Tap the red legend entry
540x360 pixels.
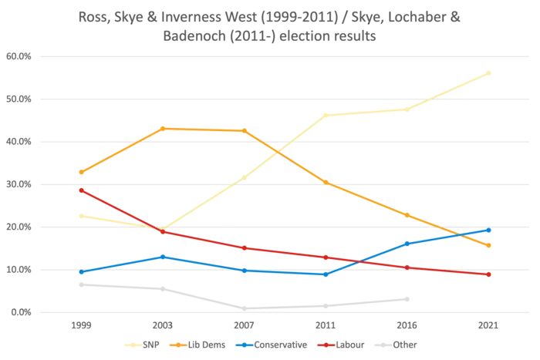pyautogui.click(x=339, y=345)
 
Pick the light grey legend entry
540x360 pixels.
pyautogui.click(x=398, y=345)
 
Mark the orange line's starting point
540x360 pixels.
pyautogui.click(x=80, y=172)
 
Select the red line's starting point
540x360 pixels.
pyautogui.click(x=80, y=189)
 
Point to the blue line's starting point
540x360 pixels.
pyautogui.click(x=80, y=273)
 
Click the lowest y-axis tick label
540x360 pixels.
pyautogui.click(x=18, y=313)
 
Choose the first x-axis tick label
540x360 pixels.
pyautogui.click(x=80, y=326)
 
